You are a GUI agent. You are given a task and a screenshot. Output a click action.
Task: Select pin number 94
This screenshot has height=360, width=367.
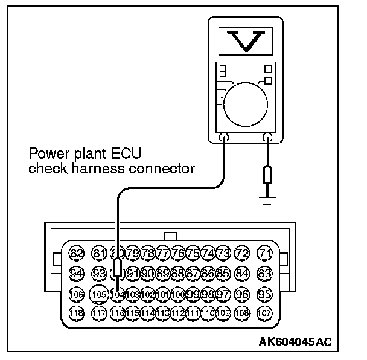point(77,273)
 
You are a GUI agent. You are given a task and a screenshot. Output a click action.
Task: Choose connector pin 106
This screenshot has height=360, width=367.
point(77,294)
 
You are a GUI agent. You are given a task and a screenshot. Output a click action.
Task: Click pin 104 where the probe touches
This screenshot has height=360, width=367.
point(118,294)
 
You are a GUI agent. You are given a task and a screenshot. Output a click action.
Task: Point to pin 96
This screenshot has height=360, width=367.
point(242,294)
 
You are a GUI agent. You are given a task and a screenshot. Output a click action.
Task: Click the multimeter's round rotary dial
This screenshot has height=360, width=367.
point(244,98)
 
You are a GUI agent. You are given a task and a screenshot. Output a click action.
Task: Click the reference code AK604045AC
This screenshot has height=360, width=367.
point(296,342)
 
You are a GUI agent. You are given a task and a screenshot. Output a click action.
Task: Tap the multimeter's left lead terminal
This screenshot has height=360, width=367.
point(224,138)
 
